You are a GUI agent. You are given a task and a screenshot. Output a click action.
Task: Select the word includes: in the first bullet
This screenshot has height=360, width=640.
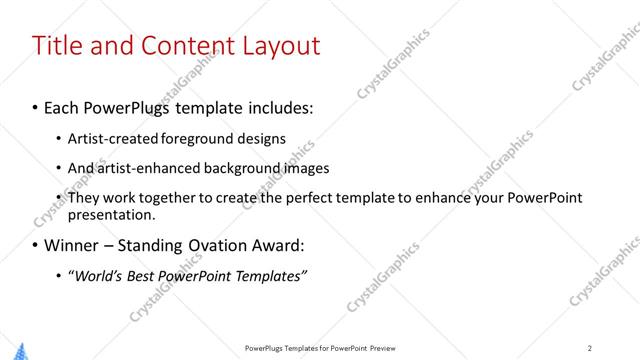(x=276, y=106)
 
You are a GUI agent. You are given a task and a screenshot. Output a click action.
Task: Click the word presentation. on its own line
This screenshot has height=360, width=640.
(x=112, y=214)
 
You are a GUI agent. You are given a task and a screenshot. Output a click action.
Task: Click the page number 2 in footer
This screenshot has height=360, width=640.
(x=589, y=348)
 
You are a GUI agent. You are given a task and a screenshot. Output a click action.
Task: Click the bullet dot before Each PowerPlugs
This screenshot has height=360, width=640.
(x=36, y=107)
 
